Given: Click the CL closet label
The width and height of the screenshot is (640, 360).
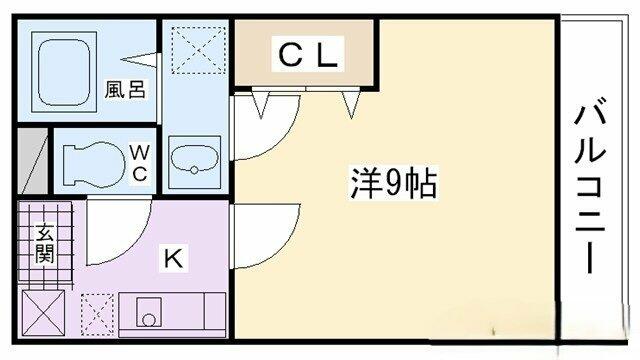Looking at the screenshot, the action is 308,55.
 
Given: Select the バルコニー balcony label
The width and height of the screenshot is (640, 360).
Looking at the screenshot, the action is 590,189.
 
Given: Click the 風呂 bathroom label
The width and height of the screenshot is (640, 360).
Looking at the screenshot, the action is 125,89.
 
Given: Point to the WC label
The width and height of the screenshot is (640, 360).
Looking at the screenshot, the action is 140,163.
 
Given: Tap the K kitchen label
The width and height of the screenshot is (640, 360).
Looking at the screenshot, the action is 173,257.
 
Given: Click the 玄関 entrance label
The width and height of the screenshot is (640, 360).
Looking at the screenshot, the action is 44,244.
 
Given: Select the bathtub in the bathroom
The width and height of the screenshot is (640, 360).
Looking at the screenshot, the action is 64,72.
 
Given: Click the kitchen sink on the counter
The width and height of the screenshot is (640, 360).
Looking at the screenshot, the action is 149,312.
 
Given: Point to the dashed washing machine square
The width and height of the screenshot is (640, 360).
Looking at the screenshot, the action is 198,50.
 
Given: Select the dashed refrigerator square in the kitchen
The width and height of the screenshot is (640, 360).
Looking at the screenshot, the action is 97,314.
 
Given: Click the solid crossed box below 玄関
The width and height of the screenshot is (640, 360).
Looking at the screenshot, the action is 43,313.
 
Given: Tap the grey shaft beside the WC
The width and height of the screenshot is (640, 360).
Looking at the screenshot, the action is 33,161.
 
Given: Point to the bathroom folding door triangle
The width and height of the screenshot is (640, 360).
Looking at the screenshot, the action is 138,60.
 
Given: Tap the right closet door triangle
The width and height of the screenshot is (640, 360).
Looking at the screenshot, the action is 351,104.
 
